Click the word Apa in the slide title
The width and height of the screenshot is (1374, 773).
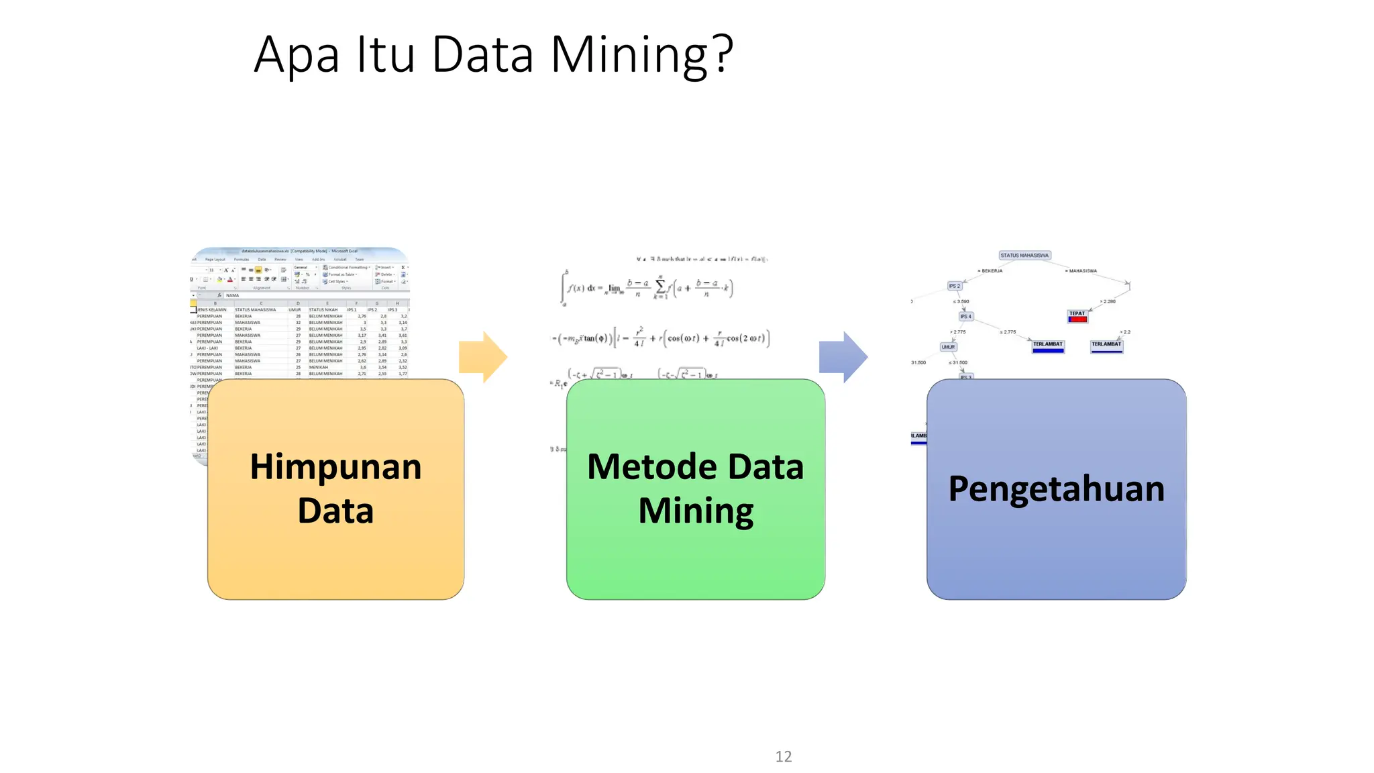297,55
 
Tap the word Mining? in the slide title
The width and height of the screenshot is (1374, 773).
641,55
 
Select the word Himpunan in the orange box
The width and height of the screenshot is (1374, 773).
335,467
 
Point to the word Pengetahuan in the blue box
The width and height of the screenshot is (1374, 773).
1056,488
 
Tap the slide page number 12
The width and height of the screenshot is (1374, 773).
783,756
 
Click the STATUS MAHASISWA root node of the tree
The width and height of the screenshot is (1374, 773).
1024,256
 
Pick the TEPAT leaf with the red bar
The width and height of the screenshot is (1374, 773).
1077,316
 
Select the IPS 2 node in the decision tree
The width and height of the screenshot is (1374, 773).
955,286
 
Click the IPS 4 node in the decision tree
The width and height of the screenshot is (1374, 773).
965,316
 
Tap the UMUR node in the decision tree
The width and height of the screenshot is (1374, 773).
948,347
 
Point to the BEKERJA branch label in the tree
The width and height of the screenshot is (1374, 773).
991,271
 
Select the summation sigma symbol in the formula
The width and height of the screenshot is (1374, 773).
660,287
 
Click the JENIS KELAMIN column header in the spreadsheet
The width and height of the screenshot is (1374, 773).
212,310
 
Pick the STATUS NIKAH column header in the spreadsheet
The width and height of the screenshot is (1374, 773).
323,310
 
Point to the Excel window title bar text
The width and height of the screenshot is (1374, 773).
299,252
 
